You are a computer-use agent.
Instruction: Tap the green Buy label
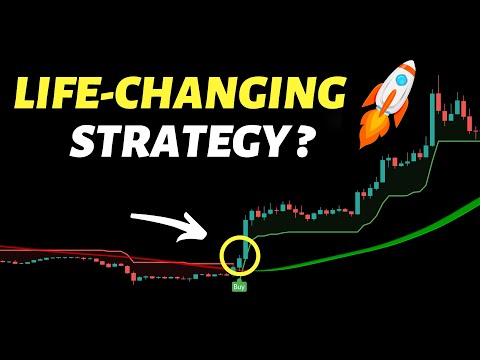click(239, 287)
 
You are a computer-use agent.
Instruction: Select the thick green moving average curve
click(400, 232)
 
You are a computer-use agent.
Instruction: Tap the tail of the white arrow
click(134, 215)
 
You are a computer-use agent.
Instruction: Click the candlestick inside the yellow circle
click(240, 261)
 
